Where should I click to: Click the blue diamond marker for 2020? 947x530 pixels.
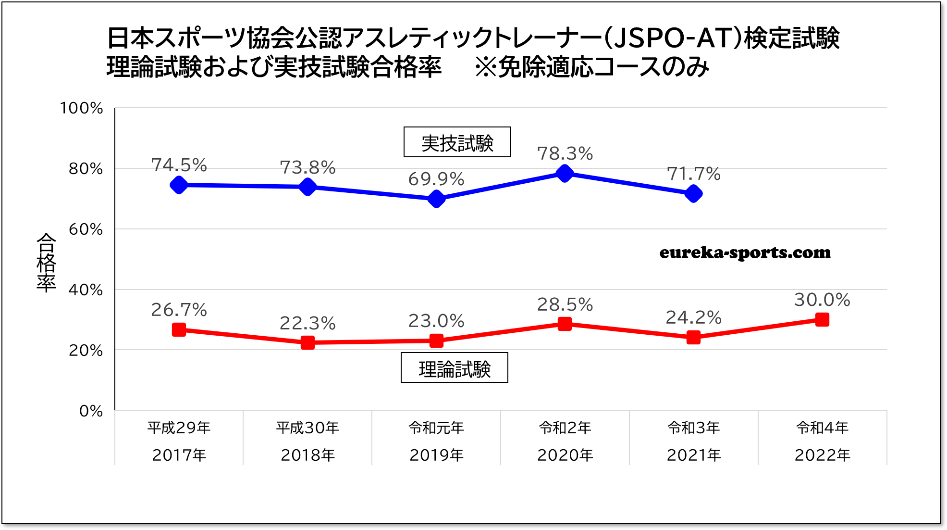tap(565, 173)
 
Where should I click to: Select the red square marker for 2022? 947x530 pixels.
tap(822, 319)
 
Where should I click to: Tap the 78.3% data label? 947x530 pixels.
tap(565, 153)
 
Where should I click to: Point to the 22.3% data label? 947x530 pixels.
tap(307, 323)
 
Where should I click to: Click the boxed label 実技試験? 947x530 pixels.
tap(457, 142)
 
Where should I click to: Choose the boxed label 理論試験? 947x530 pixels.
tap(454, 368)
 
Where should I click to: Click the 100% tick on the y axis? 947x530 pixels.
tap(81, 108)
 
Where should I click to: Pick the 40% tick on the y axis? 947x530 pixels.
tap(86, 290)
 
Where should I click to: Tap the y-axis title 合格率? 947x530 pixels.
tap(46, 262)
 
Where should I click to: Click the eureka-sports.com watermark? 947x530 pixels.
tap(745, 252)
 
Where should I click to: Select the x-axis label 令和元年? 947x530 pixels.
tap(436, 428)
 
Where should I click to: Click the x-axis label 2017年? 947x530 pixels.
tap(179, 455)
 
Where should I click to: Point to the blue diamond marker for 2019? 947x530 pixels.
tap(436, 199)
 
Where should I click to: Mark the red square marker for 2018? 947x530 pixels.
tap(307, 342)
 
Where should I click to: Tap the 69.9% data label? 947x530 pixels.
tap(436, 179)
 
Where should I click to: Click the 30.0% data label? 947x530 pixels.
tap(822, 300)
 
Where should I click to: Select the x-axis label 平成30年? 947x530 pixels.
tap(307, 428)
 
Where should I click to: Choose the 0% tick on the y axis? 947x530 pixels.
tap(91, 411)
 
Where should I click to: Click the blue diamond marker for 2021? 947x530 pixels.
tap(693, 193)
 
